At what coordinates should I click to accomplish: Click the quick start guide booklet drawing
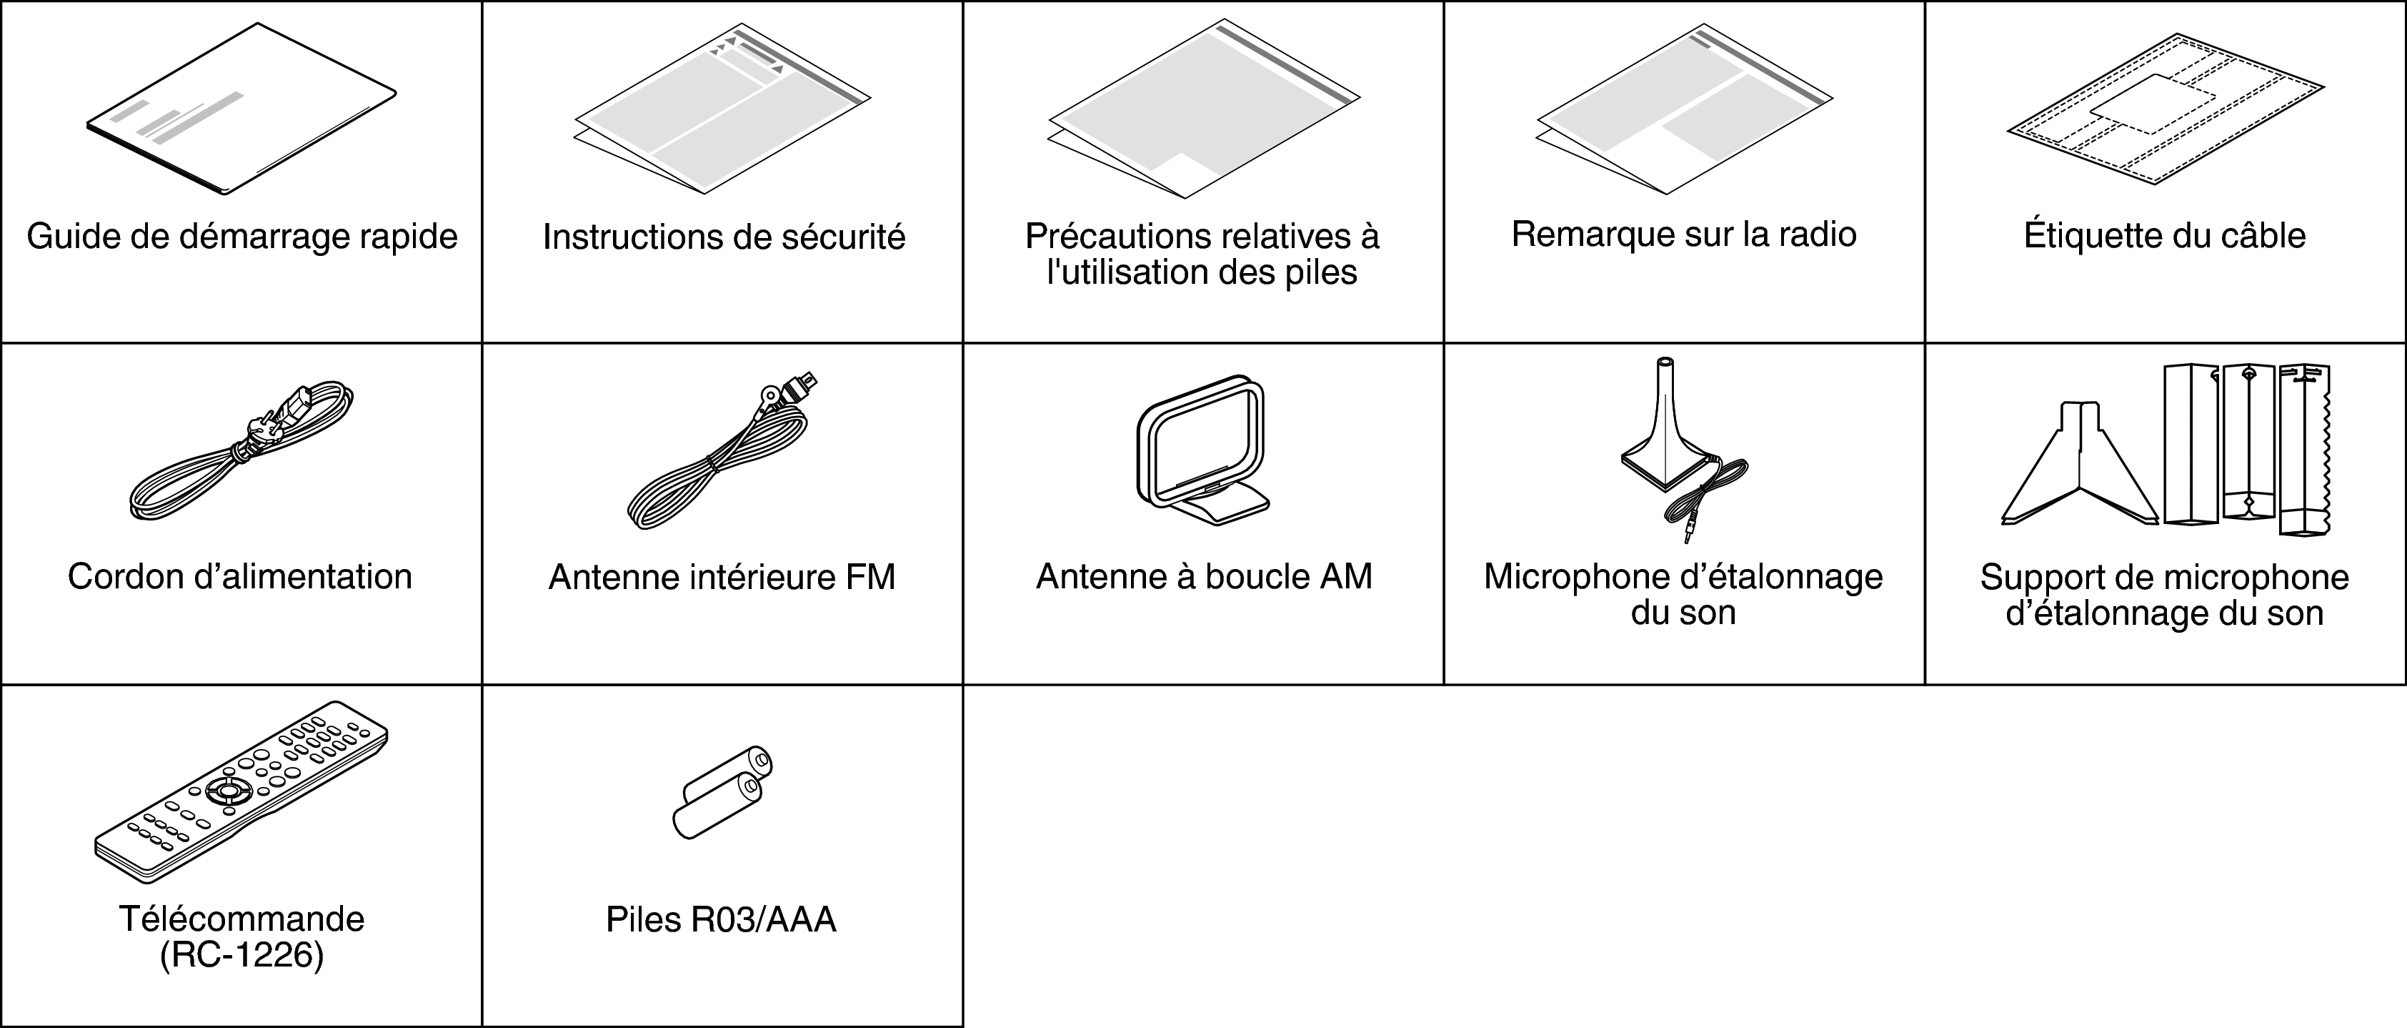point(241,110)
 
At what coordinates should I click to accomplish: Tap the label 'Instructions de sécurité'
point(724,237)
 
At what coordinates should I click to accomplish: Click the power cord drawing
point(241,450)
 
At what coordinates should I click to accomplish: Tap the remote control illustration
point(241,791)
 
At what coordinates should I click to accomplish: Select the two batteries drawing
point(722,793)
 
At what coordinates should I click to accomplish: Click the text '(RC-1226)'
point(241,955)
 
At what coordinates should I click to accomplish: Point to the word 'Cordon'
point(125,577)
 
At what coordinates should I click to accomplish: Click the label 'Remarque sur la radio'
point(1684,234)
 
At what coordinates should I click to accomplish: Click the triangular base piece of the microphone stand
point(2083,468)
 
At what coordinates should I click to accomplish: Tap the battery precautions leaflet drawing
point(1203,109)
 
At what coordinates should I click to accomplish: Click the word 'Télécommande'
point(241,919)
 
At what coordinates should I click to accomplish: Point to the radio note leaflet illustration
point(1684,109)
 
